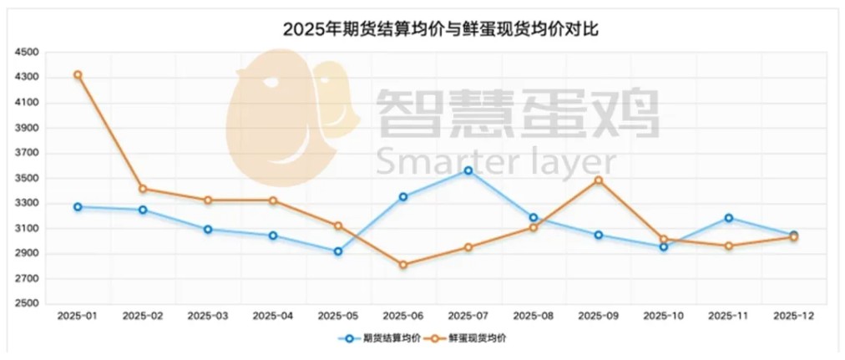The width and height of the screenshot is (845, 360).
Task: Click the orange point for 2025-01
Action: click(x=78, y=75)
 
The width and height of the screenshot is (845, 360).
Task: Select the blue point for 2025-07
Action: click(x=468, y=170)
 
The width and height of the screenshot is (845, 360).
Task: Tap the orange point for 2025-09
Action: click(x=599, y=180)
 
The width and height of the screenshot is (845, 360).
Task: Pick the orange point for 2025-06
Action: click(x=403, y=265)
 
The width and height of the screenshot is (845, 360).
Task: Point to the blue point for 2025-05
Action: click(x=338, y=251)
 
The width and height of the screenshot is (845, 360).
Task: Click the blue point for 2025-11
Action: click(x=729, y=218)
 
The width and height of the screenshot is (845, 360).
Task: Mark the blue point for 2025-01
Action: click(x=78, y=206)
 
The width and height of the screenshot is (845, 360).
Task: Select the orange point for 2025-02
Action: click(x=143, y=189)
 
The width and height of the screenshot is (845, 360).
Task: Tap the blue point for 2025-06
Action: click(x=403, y=197)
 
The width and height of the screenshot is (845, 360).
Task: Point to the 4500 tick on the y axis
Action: click(x=27, y=53)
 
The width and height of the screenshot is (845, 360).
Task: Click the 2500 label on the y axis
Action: click(x=27, y=304)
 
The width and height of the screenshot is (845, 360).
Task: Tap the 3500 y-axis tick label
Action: click(x=27, y=179)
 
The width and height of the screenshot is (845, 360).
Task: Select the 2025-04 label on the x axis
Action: click(x=273, y=316)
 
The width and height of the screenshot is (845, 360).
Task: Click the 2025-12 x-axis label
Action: click(x=794, y=316)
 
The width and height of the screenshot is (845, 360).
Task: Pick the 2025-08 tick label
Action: click(x=534, y=316)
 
